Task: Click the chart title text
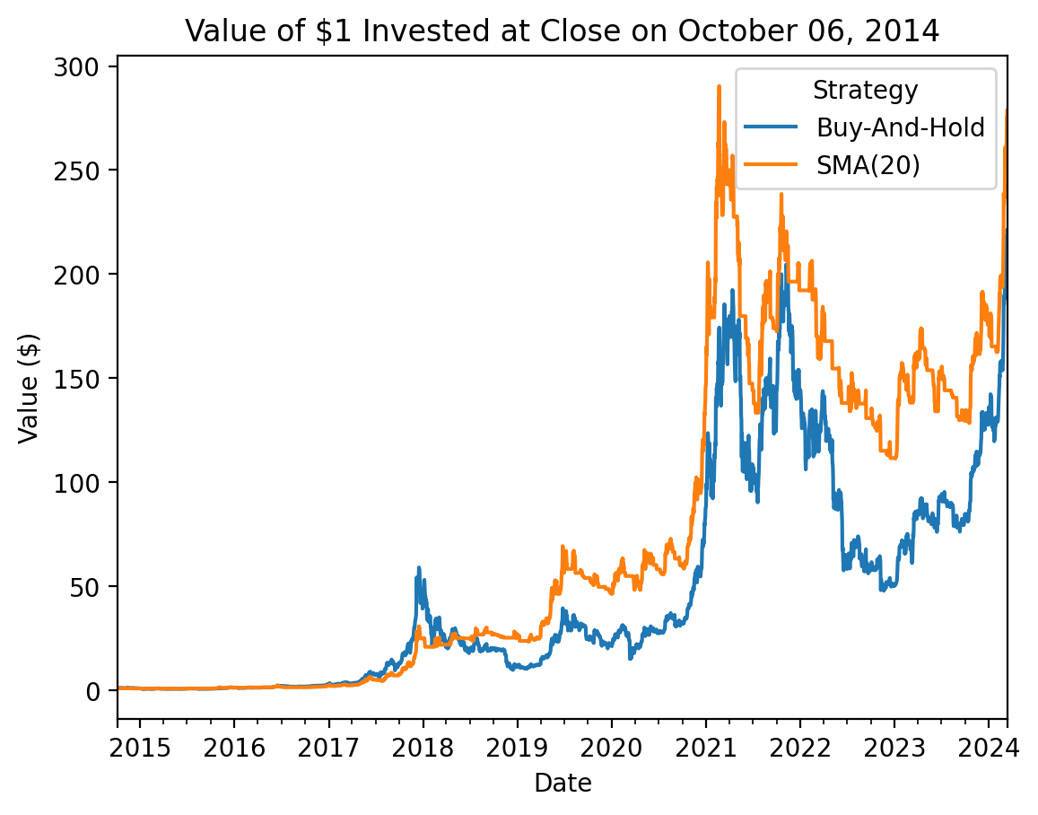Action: (562, 31)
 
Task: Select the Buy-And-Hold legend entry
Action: (900, 127)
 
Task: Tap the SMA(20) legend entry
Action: (868, 165)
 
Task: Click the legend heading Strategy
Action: (865, 90)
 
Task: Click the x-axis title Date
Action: (563, 784)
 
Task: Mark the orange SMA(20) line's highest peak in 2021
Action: (719, 87)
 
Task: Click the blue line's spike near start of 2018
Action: (418, 568)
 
